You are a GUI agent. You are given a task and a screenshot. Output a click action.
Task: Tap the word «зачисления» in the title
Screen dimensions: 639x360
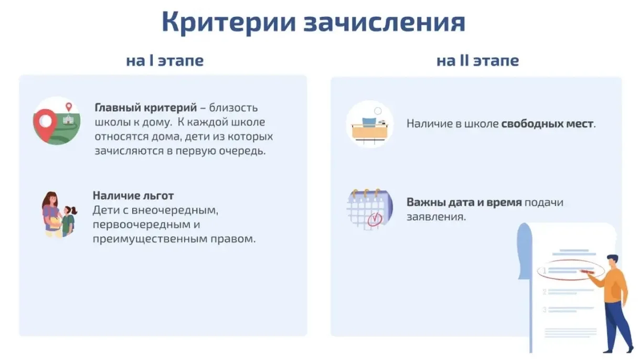[x=384, y=23]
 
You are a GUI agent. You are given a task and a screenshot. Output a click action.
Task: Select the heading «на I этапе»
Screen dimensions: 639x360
[x=165, y=61]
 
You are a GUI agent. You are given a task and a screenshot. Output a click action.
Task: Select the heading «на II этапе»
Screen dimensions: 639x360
[x=477, y=61]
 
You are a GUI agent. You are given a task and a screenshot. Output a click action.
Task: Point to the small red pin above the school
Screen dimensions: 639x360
[x=69, y=107]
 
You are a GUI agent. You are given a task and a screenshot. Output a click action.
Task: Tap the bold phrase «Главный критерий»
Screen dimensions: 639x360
[x=146, y=108]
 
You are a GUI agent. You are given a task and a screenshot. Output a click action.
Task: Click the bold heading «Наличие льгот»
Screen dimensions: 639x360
[x=133, y=196]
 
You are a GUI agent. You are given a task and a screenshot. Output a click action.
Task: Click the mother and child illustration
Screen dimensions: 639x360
[x=59, y=214]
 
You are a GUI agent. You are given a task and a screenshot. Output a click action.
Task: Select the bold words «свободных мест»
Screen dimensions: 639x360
[x=547, y=124]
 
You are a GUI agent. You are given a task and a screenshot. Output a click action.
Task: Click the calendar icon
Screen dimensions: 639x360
[x=370, y=209]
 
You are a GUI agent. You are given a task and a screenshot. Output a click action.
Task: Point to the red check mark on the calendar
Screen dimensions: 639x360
[x=375, y=219]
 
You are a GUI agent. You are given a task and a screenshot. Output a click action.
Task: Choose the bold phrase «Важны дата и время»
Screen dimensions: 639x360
[x=464, y=202]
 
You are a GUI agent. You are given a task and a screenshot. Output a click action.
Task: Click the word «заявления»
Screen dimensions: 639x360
[x=435, y=217]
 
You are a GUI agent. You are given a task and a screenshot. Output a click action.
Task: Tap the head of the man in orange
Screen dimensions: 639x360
[x=612, y=261]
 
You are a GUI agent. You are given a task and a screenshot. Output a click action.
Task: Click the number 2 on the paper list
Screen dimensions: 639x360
[x=545, y=292]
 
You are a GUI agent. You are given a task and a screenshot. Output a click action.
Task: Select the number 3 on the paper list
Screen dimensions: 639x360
[x=545, y=310]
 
